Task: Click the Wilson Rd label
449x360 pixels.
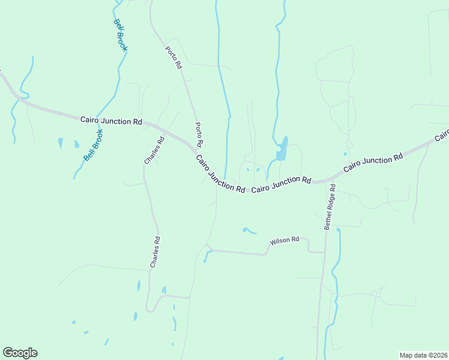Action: click(x=285, y=241)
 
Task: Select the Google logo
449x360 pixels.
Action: click(x=20, y=353)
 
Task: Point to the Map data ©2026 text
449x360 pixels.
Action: click(x=423, y=355)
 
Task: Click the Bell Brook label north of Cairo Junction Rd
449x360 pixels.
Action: click(x=120, y=35)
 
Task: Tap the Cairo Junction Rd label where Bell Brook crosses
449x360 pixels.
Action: click(x=111, y=121)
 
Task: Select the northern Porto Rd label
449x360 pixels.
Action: click(x=174, y=57)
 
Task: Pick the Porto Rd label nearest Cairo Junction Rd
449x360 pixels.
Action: click(x=199, y=135)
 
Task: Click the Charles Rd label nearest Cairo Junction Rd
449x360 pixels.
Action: click(x=154, y=151)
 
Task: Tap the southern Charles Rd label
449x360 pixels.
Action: click(x=155, y=252)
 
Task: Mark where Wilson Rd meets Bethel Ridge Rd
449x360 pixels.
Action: click(x=325, y=252)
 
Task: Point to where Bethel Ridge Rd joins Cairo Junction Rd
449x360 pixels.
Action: click(x=328, y=180)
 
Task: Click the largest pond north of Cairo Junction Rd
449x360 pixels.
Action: click(x=281, y=150)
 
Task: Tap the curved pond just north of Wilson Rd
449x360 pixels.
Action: click(x=248, y=230)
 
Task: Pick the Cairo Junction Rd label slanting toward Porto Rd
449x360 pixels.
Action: click(x=220, y=175)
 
